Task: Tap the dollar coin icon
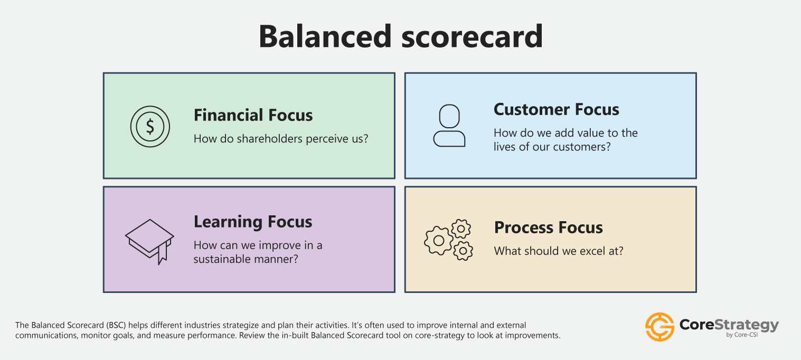click(150, 126)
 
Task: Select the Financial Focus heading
click(253, 115)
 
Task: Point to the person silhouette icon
click(449, 126)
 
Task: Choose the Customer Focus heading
click(556, 109)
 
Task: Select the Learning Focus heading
click(253, 222)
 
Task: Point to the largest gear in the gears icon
click(438, 241)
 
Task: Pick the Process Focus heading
click(548, 228)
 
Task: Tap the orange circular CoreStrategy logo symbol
click(659, 327)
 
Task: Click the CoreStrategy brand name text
click(729, 325)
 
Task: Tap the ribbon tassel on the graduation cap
click(163, 253)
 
